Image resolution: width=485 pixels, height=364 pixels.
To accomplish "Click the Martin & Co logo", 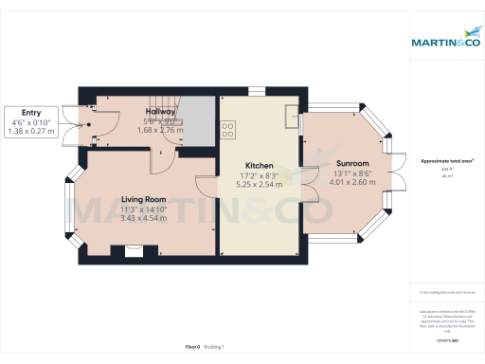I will pos(445,43).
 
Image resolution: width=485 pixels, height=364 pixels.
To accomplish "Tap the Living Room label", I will pos(143,199).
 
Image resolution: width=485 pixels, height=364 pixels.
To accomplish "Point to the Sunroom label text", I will pos(351,163).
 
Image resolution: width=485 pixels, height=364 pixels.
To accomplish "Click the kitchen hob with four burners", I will pos(228,130).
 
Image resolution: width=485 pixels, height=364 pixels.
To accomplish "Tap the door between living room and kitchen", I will pos(207,186).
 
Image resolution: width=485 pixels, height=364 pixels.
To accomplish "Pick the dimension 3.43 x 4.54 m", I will pos(143,219).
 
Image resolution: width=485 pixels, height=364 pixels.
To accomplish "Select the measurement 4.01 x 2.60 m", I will pos(351,183).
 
